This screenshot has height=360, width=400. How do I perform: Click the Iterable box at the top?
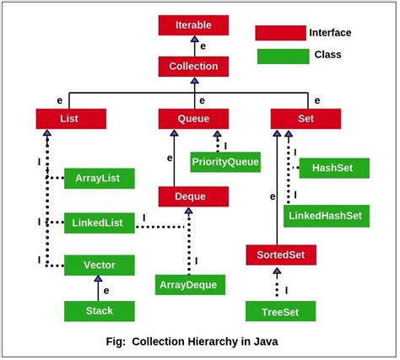point(193,24)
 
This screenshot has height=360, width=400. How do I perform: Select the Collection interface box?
point(193,67)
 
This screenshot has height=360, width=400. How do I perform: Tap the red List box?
point(71,119)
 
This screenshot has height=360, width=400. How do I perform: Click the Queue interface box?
point(194,119)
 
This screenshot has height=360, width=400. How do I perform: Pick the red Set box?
point(305,119)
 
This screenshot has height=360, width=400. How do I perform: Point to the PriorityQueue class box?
point(225,161)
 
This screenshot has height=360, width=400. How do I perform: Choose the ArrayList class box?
point(100,178)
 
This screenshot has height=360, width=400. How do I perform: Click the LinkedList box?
point(100,223)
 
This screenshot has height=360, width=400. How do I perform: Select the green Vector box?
point(100,266)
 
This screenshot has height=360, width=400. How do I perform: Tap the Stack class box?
point(100,311)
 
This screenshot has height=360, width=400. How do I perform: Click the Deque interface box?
point(193,196)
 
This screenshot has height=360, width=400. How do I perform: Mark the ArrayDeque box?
point(191,285)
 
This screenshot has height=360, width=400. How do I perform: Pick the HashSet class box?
point(334,168)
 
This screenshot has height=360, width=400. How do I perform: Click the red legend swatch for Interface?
point(280,33)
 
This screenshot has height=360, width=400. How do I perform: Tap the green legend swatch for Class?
point(280,56)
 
